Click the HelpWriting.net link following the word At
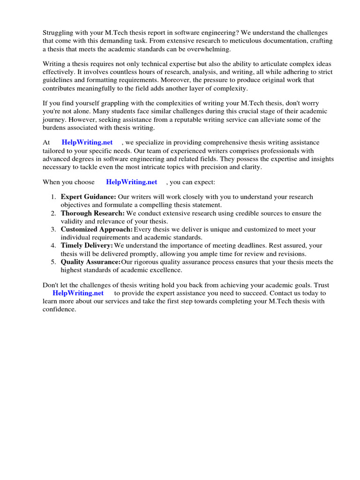tap(87, 142)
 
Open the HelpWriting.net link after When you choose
tap(131, 182)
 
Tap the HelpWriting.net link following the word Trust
tap(78, 293)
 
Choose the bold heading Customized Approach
tap(97, 230)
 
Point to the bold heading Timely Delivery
tap(87, 246)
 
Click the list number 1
tap(53, 197)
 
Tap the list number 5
tap(53, 262)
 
